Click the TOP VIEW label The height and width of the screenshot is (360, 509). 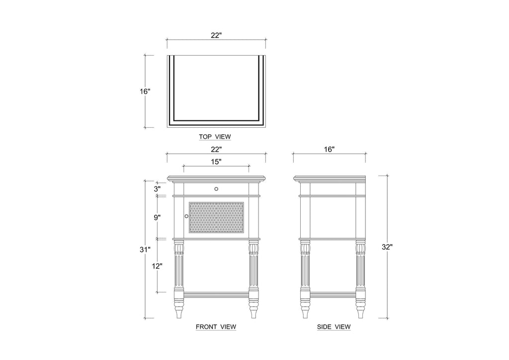click(x=215, y=137)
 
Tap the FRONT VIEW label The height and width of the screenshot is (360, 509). click(x=216, y=327)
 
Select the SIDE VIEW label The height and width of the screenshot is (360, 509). click(x=334, y=327)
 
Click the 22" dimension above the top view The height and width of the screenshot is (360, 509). click(x=216, y=35)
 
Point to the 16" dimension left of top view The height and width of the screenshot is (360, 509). click(x=145, y=91)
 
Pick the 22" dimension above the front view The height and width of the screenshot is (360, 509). click(x=216, y=149)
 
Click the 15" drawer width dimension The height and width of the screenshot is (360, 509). click(x=216, y=162)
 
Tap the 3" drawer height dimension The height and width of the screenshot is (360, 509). click(x=157, y=188)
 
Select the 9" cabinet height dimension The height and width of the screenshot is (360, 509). click(x=157, y=217)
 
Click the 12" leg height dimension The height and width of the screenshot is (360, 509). click(x=157, y=266)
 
